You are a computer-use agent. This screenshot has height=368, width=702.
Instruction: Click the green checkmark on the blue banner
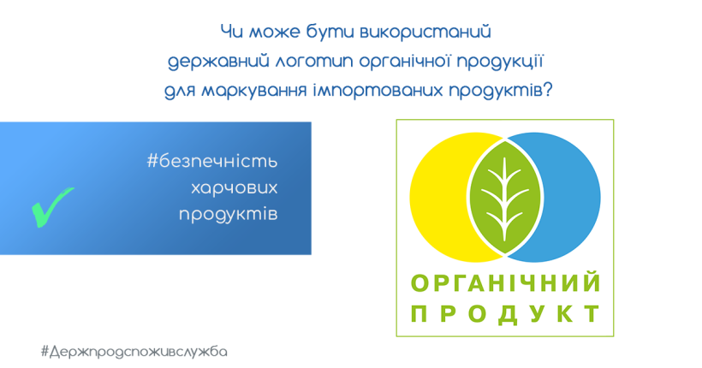[51, 207]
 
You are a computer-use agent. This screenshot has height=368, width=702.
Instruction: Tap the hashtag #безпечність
[212, 161]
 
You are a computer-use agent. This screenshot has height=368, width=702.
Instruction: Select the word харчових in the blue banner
[235, 188]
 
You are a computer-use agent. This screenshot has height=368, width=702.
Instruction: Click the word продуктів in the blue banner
[229, 214]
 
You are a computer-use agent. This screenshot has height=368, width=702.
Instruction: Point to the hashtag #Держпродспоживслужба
[134, 352]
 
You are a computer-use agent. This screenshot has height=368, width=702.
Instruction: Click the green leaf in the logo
[504, 198]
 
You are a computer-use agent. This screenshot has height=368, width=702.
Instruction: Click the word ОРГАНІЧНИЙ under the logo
[506, 283]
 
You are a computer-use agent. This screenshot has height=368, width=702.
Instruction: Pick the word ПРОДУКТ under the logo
[506, 313]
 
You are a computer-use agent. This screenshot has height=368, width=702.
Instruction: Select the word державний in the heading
[218, 62]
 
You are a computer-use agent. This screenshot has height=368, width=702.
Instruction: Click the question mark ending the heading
[548, 90]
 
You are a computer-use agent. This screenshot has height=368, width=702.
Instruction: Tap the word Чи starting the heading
[231, 32]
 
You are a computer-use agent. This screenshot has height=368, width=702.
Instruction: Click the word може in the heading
[275, 33]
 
